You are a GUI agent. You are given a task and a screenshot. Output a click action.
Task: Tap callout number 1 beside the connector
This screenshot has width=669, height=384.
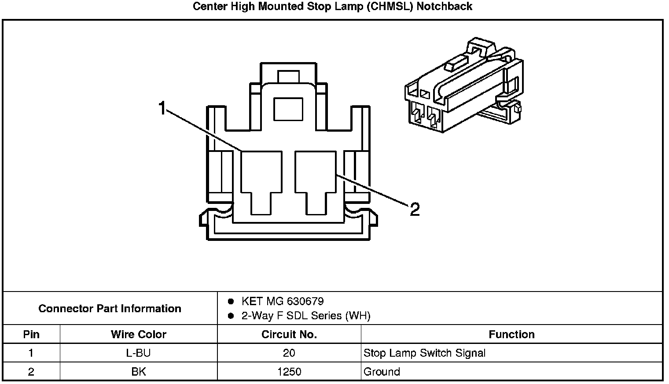coord(162,108)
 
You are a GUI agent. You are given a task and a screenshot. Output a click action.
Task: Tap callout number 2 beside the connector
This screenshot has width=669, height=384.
coord(415,210)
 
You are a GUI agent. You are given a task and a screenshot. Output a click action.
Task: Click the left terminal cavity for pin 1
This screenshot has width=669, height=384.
coord(261,176)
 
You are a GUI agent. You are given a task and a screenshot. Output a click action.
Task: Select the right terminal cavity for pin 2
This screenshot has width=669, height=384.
coord(315,176)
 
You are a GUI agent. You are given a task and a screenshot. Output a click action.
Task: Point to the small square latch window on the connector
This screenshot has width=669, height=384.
coord(288,109)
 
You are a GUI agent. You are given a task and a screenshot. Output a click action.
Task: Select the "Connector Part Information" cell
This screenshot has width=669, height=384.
coord(110,308)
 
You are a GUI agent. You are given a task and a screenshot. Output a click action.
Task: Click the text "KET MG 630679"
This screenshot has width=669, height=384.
coord(283,302)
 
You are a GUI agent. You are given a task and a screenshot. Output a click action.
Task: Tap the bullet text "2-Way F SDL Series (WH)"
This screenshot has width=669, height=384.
coord(306,316)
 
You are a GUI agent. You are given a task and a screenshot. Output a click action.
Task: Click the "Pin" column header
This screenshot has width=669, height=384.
coord(31,334)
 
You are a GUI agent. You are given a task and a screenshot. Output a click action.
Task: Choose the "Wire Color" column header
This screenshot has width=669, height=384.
coord(139,334)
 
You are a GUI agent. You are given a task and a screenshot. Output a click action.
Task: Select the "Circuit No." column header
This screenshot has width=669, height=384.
coord(289,334)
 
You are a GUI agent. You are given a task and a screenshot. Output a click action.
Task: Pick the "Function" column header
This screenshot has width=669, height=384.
coord(511,334)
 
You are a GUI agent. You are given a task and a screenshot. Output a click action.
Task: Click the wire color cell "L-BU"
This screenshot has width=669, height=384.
coord(139,353)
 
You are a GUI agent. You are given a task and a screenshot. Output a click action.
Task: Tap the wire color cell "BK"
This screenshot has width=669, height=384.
coord(139,372)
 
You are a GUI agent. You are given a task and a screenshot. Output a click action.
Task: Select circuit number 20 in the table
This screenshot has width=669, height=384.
coord(289,353)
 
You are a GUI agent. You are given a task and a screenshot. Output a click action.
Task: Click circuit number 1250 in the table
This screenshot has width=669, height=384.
coord(289,372)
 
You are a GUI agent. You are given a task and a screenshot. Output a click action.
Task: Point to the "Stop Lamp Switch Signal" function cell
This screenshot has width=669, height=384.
coord(424,353)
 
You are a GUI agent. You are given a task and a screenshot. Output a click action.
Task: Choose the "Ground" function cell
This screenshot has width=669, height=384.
coord(382,372)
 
